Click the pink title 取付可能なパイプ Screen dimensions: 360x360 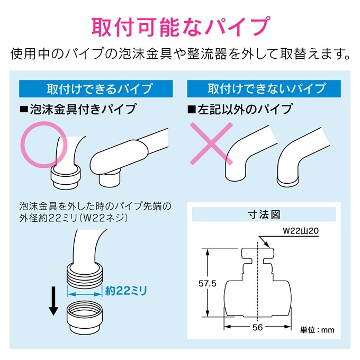coord(181,26)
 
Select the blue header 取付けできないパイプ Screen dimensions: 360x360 coord(264,88)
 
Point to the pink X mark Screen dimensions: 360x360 coord(211,143)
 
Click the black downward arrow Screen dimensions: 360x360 coord(53,301)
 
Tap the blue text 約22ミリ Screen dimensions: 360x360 coord(126,291)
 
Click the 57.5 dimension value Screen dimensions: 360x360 coord(208,284)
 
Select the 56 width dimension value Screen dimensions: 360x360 coord(258,327)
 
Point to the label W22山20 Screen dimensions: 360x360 coord(301,230)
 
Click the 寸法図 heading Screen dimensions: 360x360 coord(264,214)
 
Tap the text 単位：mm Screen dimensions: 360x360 coord(317,330)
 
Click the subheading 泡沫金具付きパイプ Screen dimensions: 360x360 coord(78,109)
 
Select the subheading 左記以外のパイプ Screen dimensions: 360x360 coord(240,109)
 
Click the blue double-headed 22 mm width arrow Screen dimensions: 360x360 coord(85,294)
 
